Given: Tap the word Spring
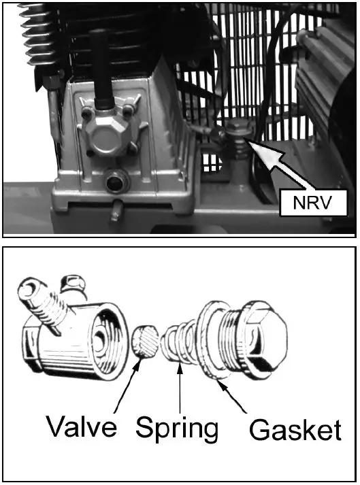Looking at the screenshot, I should pos(177,429).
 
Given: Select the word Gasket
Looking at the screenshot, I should pos(295,430).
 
